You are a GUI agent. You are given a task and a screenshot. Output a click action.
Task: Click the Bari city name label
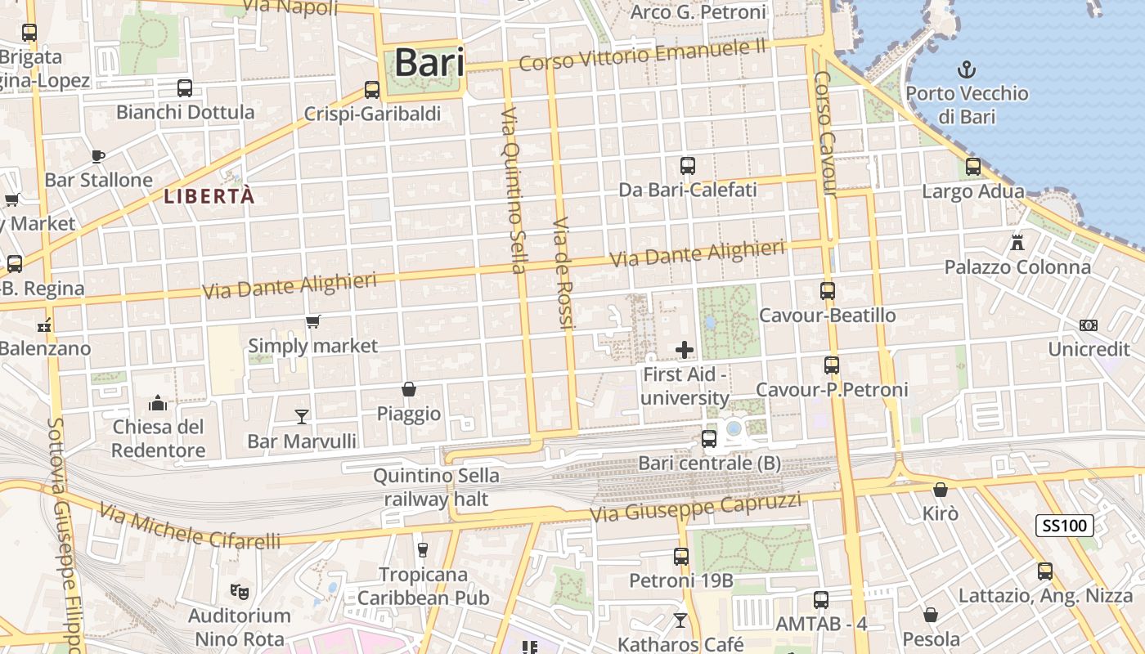click(429, 63)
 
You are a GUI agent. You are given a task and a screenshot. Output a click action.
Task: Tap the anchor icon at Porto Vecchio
click(967, 69)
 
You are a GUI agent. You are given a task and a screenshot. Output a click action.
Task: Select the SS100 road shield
click(1064, 526)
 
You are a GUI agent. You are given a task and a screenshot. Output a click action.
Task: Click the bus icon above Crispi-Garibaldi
click(372, 89)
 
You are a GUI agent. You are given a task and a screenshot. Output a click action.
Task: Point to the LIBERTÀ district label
click(209, 196)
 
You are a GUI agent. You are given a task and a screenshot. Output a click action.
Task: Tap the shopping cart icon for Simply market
click(312, 322)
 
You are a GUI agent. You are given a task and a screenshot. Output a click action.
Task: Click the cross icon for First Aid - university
click(685, 351)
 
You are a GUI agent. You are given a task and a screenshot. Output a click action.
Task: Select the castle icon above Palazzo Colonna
click(1017, 243)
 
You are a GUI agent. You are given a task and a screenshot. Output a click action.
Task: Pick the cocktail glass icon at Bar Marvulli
click(302, 417)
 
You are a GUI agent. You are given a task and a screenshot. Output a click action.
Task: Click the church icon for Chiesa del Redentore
click(158, 403)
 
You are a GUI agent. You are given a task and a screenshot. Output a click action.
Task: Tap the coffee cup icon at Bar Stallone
click(98, 156)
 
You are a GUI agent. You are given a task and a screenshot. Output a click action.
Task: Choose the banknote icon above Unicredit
click(1089, 325)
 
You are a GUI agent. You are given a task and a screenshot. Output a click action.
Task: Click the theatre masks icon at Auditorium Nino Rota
click(239, 590)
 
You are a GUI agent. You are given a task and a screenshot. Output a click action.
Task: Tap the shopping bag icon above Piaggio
click(409, 389)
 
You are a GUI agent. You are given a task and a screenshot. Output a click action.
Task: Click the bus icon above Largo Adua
click(972, 167)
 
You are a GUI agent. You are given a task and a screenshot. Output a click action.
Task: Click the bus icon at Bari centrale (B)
click(709, 439)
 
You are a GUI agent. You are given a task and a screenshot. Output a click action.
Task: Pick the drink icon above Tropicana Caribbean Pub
click(423, 549)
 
